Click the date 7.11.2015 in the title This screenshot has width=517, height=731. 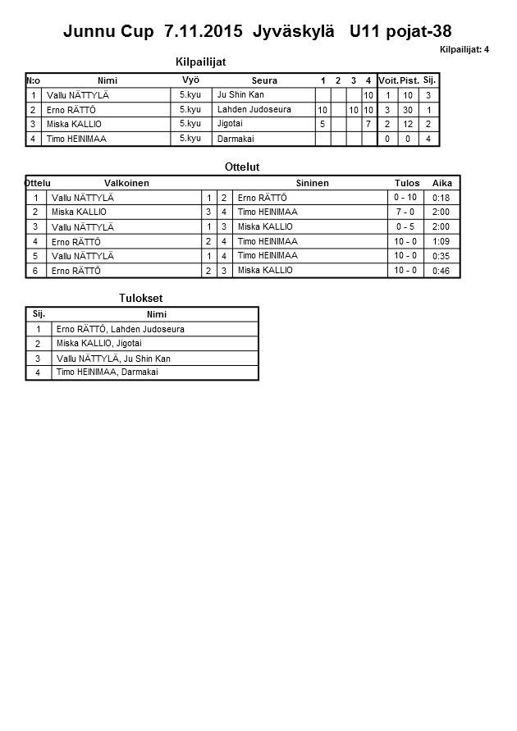click(203, 32)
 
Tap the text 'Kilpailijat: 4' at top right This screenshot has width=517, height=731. click(464, 50)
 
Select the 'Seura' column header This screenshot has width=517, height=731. click(264, 80)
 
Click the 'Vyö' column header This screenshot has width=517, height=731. click(190, 80)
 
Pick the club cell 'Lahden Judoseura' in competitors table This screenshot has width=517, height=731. click(254, 110)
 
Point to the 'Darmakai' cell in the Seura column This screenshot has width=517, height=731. click(236, 139)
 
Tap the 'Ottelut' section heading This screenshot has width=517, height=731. click(242, 167)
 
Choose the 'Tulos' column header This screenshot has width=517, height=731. click(406, 183)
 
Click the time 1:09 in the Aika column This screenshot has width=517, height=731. click(442, 242)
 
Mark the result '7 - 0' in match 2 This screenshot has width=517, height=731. click(405, 212)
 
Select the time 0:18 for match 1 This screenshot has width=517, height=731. click(442, 198)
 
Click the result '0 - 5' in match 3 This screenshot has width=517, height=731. click(405, 227)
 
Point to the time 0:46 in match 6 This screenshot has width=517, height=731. click(442, 271)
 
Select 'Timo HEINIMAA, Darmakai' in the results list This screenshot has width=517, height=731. click(107, 372)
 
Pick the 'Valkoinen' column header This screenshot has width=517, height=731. click(126, 183)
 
